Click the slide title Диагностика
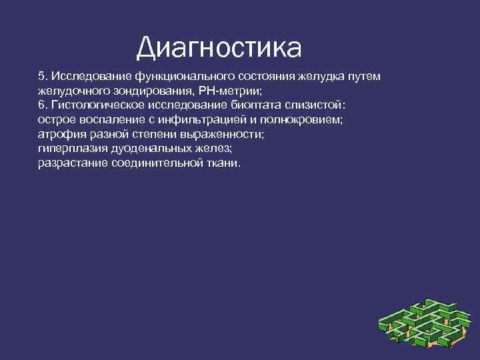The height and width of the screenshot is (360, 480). [219, 47]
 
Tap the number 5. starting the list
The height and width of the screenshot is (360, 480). [43, 77]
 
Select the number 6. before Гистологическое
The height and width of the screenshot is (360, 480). [43, 105]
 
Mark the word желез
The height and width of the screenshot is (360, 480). [213, 149]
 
